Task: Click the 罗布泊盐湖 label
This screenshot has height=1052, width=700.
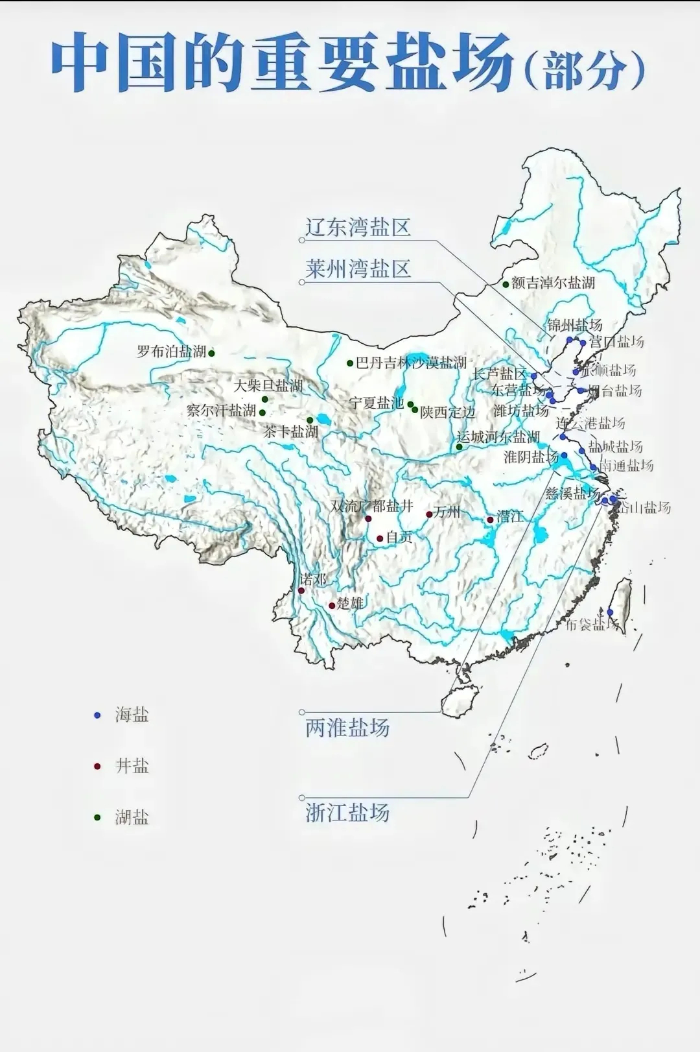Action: pyautogui.click(x=172, y=352)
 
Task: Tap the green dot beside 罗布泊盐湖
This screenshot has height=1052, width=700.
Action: pyautogui.click(x=211, y=353)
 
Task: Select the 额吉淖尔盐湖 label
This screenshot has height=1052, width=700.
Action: pyautogui.click(x=553, y=283)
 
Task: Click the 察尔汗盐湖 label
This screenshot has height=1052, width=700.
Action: pyautogui.click(x=221, y=411)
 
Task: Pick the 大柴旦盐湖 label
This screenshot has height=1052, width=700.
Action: pyautogui.click(x=268, y=386)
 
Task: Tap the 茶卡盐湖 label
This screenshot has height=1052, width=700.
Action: pyautogui.click(x=290, y=431)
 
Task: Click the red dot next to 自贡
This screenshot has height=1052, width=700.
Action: pyautogui.click(x=380, y=538)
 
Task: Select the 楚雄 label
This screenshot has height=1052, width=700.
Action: pyautogui.click(x=350, y=604)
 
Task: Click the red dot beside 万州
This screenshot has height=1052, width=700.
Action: pyautogui.click(x=429, y=515)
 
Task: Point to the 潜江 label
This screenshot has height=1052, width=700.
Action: pyautogui.click(x=510, y=517)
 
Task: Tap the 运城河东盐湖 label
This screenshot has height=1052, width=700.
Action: pyautogui.click(x=498, y=437)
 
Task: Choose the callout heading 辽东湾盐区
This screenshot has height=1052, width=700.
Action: pyautogui.click(x=358, y=228)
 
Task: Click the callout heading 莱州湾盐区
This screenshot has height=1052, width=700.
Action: pyautogui.click(x=358, y=269)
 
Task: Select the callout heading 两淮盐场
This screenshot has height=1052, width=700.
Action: pyautogui.click(x=347, y=728)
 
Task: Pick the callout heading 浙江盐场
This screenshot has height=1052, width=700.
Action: pyautogui.click(x=347, y=813)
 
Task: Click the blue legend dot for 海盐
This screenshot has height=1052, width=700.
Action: pyautogui.click(x=98, y=715)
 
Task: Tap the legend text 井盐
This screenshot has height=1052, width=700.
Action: pyautogui.click(x=132, y=766)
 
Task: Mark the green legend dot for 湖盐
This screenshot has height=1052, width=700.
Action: pyautogui.click(x=98, y=817)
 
